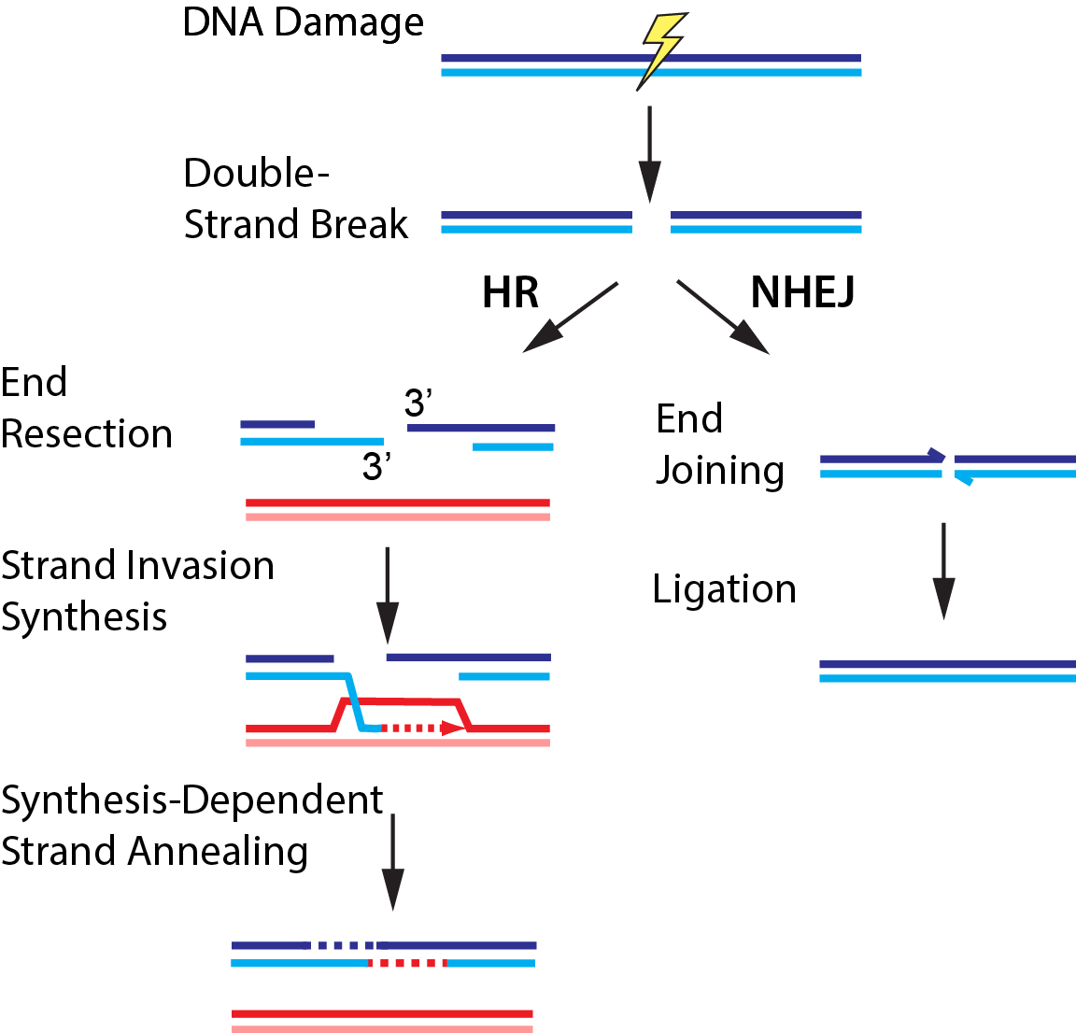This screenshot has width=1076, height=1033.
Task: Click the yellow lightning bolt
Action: click(x=660, y=50)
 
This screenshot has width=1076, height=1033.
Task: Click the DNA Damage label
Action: click(x=303, y=23)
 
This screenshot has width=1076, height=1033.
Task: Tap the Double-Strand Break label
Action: click(x=295, y=199)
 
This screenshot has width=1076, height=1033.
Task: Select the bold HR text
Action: click(x=510, y=293)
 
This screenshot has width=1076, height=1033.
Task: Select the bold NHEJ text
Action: click(x=802, y=293)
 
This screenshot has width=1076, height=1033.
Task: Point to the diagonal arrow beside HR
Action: click(x=570, y=317)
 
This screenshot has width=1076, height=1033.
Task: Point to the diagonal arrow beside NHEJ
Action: click(x=723, y=317)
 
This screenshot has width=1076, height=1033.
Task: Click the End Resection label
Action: click(x=86, y=408)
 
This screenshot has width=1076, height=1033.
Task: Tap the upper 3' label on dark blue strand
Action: click(x=418, y=403)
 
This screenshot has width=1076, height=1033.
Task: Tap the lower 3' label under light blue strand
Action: click(x=375, y=467)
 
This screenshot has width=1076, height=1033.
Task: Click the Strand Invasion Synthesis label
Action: click(x=137, y=591)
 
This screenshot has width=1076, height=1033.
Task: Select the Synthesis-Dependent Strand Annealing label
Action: click(x=191, y=826)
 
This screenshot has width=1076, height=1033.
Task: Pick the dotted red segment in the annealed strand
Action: click(x=408, y=962)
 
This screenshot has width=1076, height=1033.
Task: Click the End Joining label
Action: click(x=719, y=445)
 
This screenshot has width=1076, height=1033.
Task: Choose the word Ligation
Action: click(x=724, y=589)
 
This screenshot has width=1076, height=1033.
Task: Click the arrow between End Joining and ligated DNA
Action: click(x=943, y=570)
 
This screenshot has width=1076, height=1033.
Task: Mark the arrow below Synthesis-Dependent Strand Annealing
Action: click(x=393, y=861)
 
